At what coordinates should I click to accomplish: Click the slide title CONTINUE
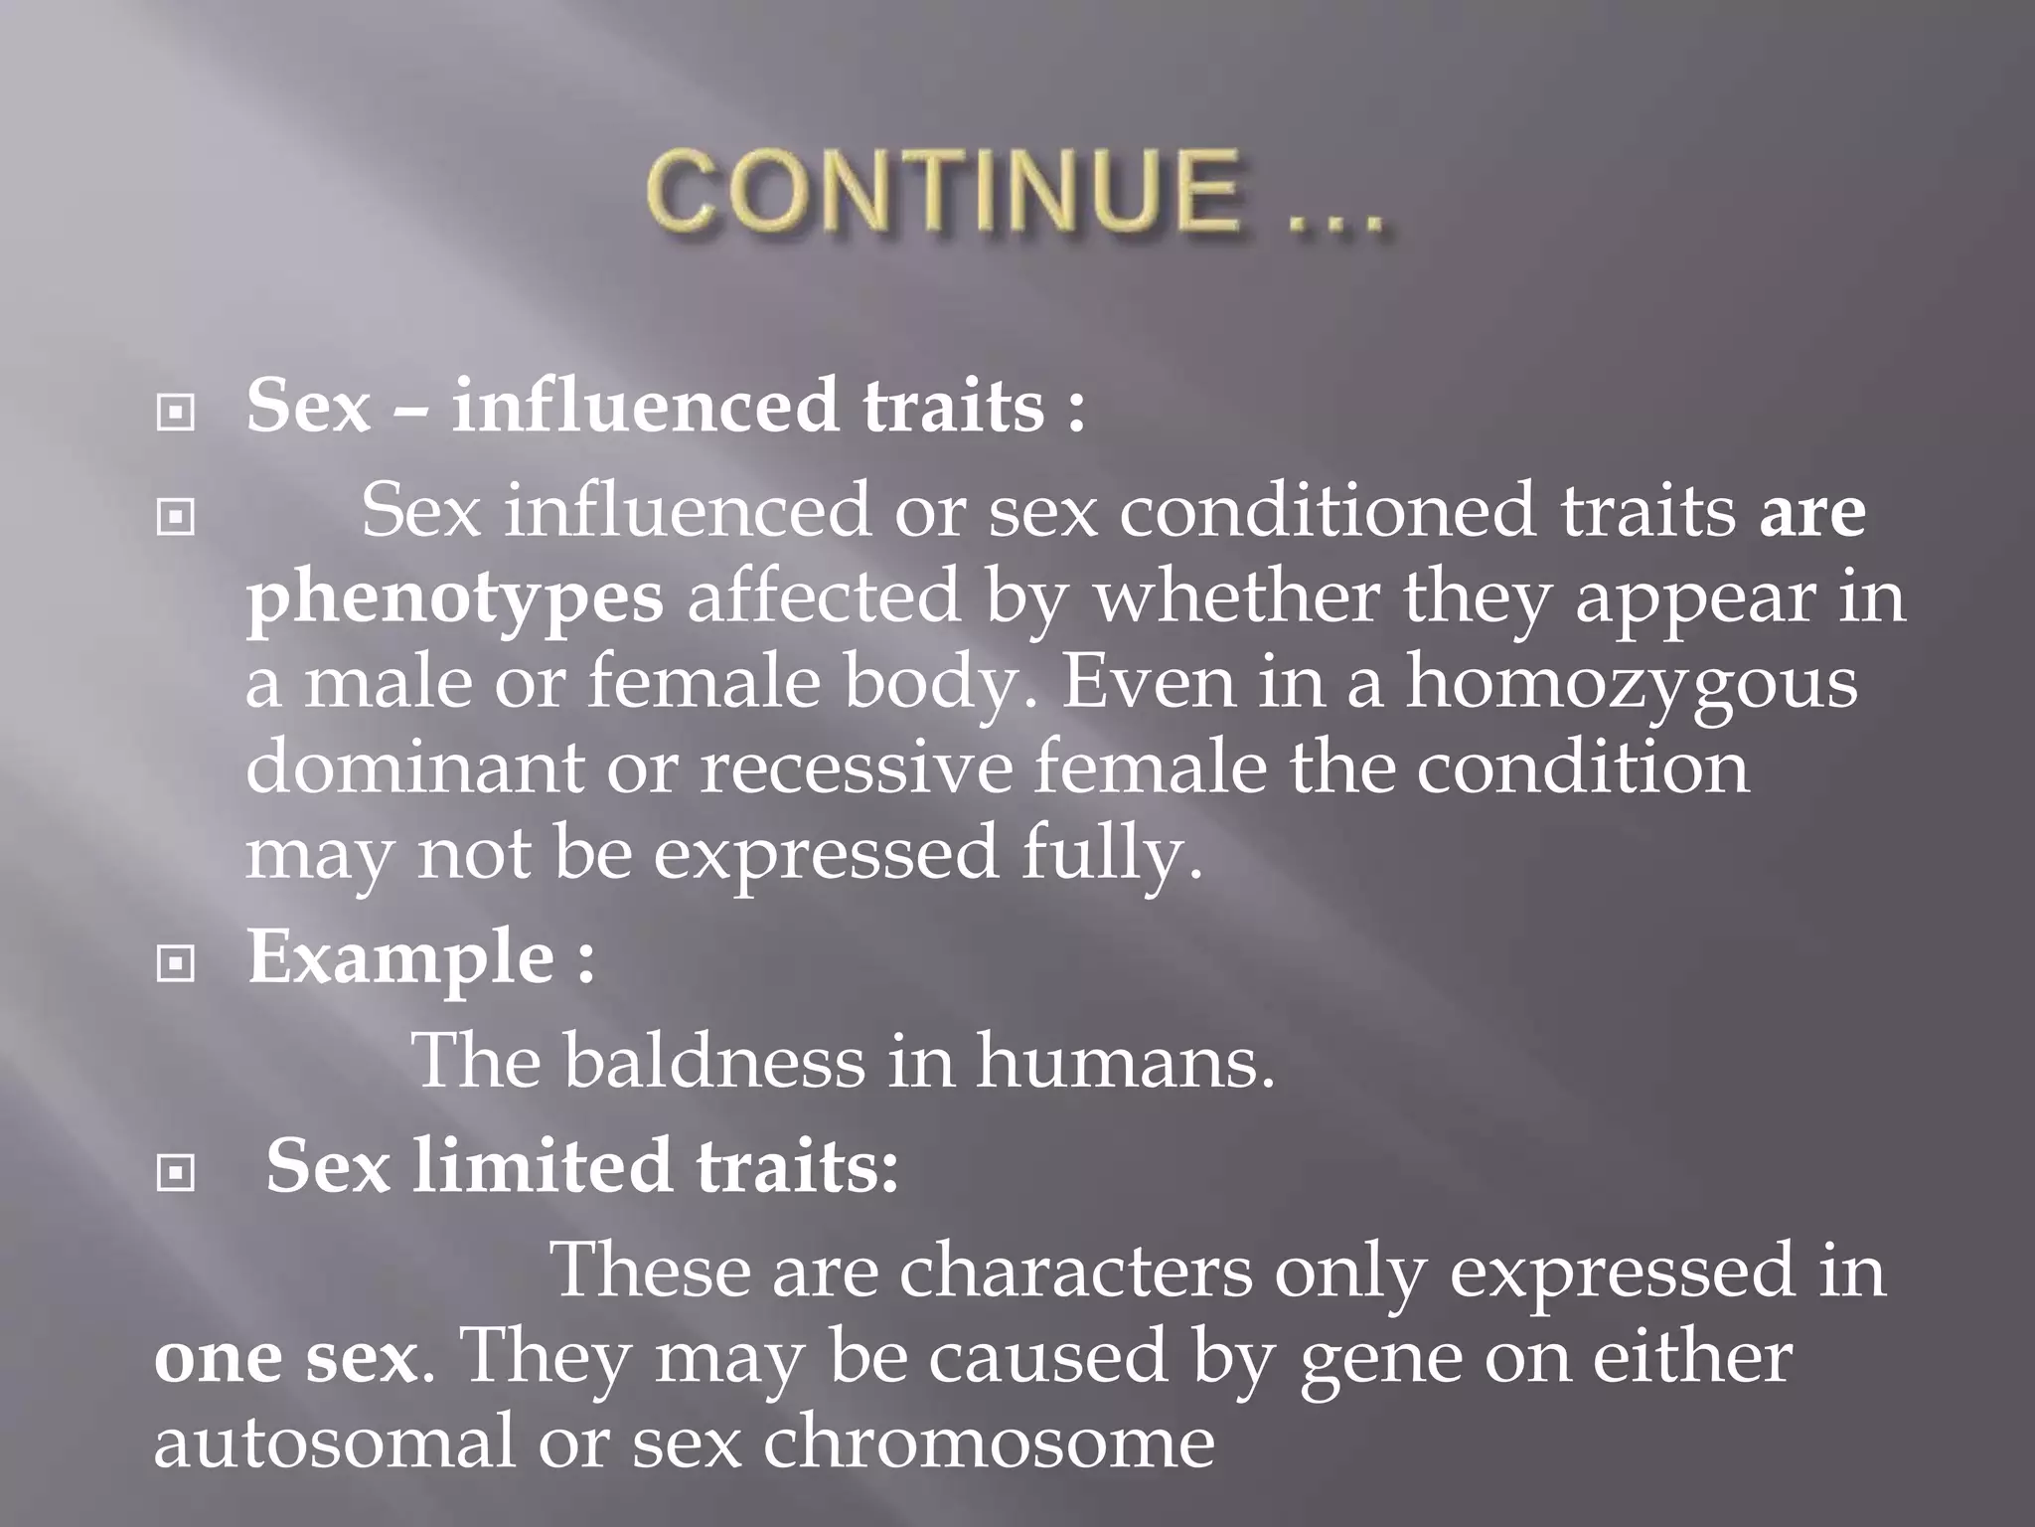tap(944, 191)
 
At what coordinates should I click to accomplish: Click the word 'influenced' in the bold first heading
tap(645, 408)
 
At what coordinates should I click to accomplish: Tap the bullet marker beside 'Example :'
tap(176, 962)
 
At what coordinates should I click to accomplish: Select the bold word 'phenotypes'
tap(454, 598)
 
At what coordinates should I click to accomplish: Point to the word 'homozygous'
tap(1631, 684)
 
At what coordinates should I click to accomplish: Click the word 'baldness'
tap(714, 1061)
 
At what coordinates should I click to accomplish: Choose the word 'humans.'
tap(1126, 1061)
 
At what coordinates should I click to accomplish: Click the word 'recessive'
tap(855, 768)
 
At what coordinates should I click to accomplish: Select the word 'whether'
tap(1236, 597)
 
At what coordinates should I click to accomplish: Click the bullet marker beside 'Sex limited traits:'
tap(176, 1174)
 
